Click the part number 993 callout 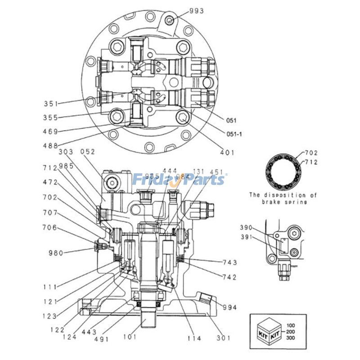click(196, 10)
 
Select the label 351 click(51, 104)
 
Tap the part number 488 click(51, 145)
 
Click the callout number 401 click(227, 153)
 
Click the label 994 click(229, 308)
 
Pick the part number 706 click(49, 228)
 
